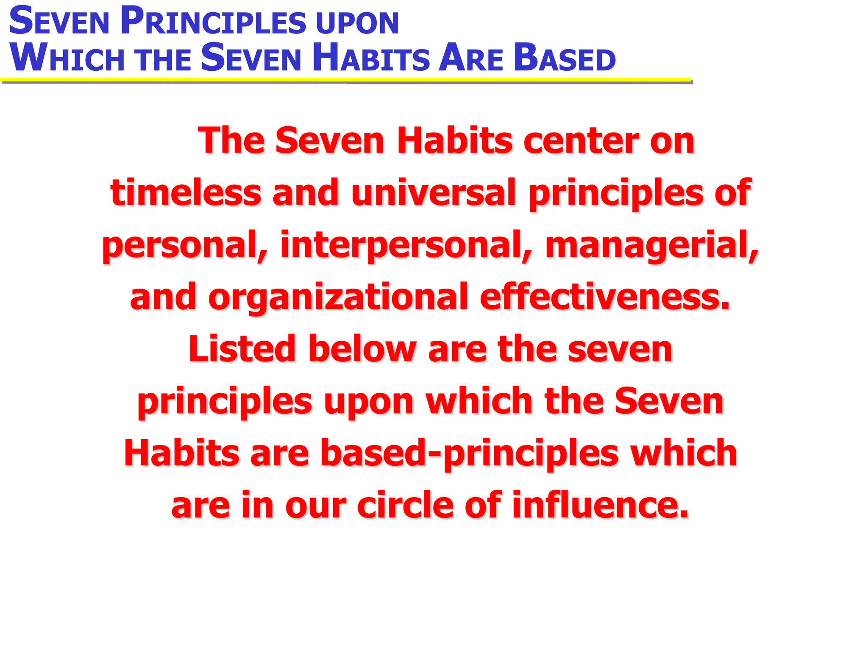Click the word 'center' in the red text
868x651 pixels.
point(581,141)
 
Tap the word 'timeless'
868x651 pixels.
point(186,193)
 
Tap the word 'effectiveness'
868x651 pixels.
point(604,298)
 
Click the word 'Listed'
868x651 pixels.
point(242,350)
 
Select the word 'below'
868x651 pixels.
point(362,350)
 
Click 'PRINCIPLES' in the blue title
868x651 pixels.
point(212,22)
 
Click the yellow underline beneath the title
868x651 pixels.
point(345,80)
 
